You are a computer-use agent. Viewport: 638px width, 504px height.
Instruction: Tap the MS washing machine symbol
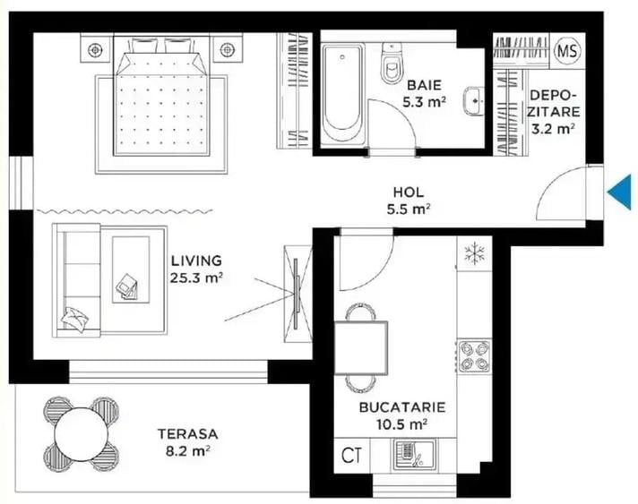(x=567, y=51)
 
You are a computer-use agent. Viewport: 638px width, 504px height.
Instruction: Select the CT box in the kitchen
(x=351, y=456)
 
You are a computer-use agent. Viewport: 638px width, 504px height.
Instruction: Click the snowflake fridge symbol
(x=474, y=252)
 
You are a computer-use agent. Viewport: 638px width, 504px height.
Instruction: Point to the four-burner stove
(x=474, y=356)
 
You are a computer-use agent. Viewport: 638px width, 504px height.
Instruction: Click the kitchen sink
(x=414, y=455)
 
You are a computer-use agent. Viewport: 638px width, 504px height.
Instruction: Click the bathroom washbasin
(x=474, y=101)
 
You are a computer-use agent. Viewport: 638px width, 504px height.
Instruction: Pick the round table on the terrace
(x=82, y=434)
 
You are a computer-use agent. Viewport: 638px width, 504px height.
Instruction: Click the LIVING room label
(x=196, y=261)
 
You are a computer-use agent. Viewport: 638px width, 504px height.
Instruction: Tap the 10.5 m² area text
(x=401, y=424)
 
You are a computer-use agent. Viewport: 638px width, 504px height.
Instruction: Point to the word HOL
(x=408, y=192)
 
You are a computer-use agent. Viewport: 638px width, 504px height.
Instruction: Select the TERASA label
(x=188, y=434)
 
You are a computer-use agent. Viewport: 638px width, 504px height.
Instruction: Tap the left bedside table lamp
(x=95, y=50)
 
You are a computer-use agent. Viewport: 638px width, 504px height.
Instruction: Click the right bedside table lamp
(x=227, y=50)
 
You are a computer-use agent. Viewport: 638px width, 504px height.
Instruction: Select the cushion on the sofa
(x=75, y=319)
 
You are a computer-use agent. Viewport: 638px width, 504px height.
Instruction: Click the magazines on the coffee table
(x=128, y=286)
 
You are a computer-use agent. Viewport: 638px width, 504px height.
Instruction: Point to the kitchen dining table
(x=361, y=347)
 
